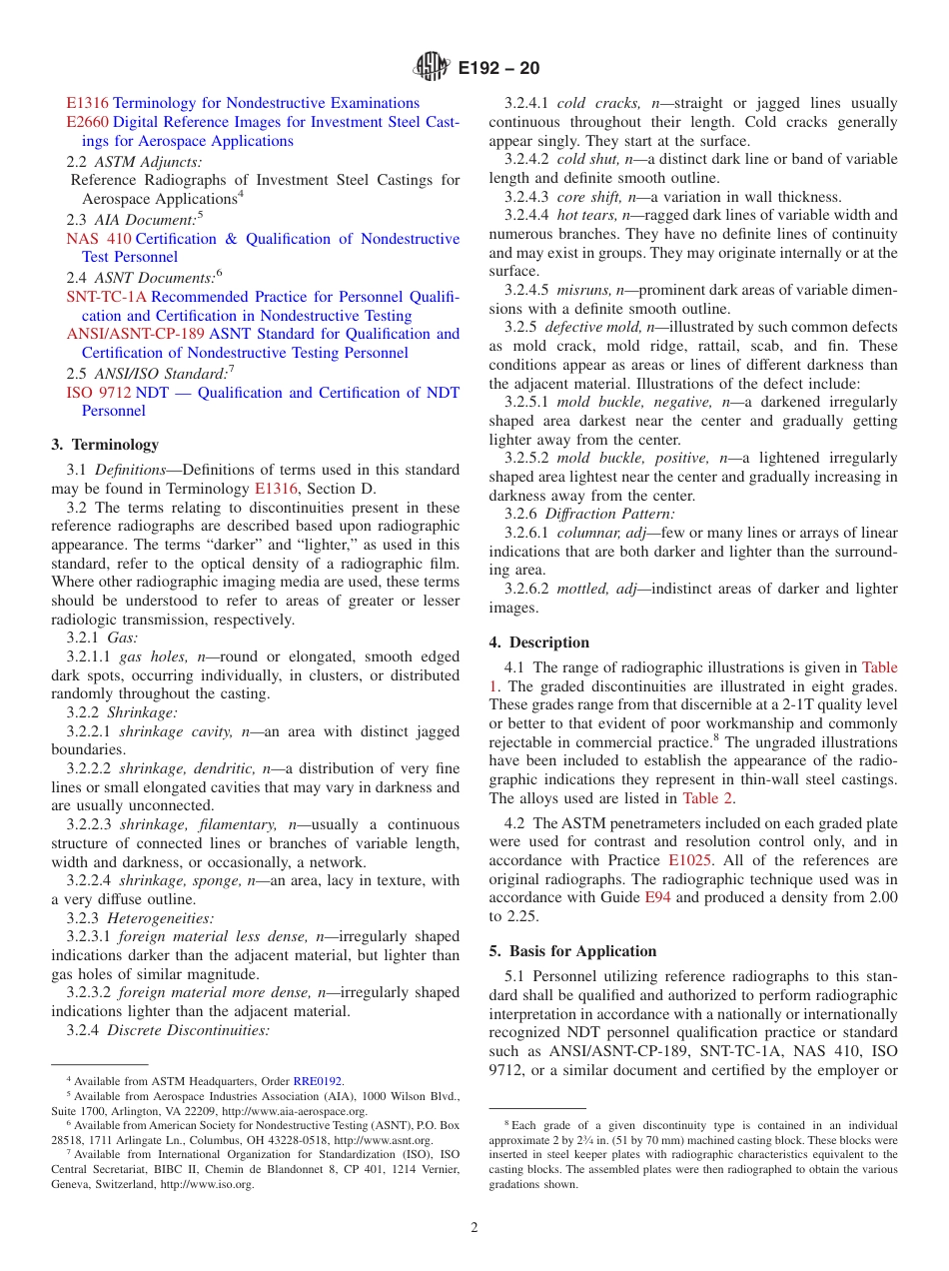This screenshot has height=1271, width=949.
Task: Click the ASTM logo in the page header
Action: point(432,68)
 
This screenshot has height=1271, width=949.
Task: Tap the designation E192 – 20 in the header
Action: point(498,69)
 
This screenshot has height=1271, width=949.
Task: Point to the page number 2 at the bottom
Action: point(474,1227)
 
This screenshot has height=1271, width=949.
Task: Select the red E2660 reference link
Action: point(87,122)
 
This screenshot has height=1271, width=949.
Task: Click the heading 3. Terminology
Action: point(105,445)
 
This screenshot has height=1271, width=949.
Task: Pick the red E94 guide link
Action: point(656,898)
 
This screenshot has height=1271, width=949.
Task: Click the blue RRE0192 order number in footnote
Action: point(317,1080)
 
